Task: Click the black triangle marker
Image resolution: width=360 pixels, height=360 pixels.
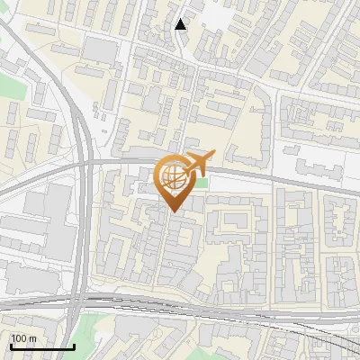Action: (181, 24)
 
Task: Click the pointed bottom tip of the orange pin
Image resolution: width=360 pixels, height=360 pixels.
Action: (172, 211)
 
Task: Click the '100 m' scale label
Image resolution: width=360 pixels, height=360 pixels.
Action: (23, 338)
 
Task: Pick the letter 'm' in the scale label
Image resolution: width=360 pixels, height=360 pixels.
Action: (32, 338)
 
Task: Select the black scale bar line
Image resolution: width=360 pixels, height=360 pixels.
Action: (41, 346)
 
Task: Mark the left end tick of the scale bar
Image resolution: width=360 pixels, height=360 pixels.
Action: (10, 345)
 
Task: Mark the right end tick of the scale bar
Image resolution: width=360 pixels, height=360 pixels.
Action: (74, 345)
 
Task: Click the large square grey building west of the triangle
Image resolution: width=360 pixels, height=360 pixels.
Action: (102, 50)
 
